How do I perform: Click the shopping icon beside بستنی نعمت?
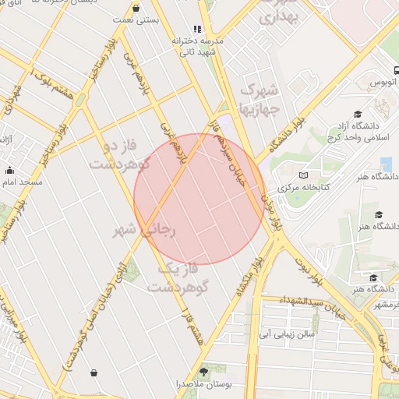137,9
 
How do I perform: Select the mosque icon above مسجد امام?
9,170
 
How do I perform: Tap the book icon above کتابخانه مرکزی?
303,175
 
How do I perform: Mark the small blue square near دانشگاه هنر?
387,164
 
